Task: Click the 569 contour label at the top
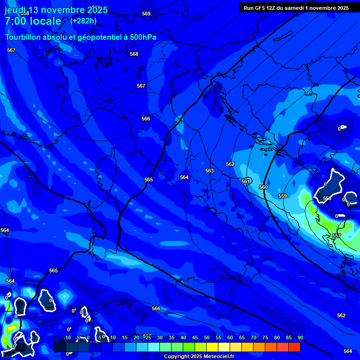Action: point(146,14)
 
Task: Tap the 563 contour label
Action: point(210,171)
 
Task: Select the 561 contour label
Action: point(246,181)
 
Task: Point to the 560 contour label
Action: point(263,187)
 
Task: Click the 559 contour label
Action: point(283,196)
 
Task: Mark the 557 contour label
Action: point(337,236)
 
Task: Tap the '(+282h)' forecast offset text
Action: point(83,21)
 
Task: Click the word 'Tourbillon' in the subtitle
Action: point(23,37)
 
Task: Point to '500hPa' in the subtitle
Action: point(144,37)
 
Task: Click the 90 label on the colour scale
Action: point(300,337)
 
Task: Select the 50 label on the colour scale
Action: point(206,337)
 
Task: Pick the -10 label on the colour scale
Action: point(67,337)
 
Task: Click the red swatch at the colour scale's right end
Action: point(294,347)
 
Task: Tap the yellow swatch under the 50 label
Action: point(212,347)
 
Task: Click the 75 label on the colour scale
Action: point(265,337)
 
